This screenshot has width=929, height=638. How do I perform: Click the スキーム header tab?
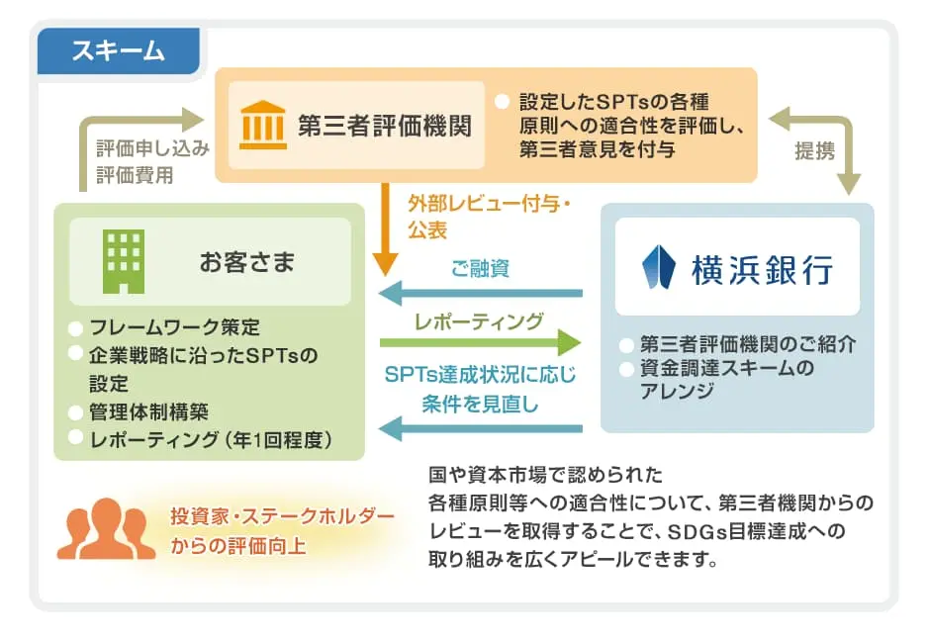118,49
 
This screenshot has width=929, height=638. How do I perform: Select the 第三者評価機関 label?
385,126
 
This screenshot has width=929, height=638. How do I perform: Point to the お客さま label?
247,262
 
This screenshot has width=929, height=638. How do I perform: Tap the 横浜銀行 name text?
766,268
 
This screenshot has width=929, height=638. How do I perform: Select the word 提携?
815,151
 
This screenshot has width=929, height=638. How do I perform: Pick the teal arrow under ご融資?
481,292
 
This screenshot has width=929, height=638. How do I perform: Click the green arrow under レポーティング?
481,343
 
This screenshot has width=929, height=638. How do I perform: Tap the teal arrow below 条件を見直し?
481,428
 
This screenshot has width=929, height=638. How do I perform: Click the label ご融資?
480,269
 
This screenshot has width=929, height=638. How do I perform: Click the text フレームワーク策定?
175,327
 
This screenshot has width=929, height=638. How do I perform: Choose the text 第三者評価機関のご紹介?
747,345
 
